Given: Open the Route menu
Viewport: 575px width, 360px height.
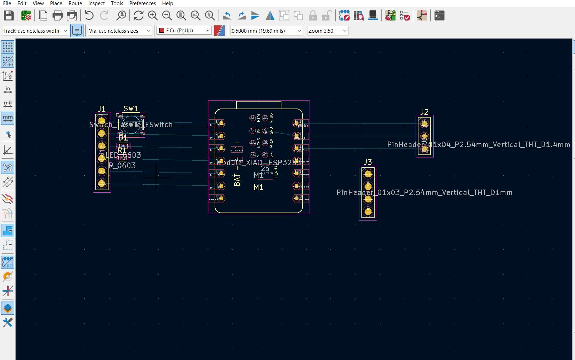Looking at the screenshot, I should click(75, 3).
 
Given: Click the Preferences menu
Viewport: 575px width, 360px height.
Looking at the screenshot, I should click(142, 3).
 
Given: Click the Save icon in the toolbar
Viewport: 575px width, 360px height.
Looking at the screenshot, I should click(9, 16).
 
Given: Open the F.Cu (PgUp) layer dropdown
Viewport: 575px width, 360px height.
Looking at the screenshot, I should click(184, 31).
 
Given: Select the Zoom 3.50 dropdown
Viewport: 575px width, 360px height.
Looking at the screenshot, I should click(327, 31).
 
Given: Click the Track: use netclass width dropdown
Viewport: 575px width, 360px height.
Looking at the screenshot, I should click(35, 31).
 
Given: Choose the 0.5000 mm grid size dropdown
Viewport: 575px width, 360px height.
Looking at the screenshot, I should click(266, 31).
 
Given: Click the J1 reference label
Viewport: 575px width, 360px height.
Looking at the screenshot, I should click(101, 109).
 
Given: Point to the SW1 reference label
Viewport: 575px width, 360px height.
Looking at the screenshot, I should click(131, 109).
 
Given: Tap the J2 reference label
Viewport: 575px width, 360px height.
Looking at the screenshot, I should click(424, 112).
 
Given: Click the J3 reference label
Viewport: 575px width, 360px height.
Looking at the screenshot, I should click(368, 162).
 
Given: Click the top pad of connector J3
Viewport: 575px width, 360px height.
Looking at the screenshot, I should click(368, 174).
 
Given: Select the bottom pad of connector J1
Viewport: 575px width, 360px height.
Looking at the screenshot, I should click(102, 183).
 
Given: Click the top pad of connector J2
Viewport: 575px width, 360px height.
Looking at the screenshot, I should click(424, 123).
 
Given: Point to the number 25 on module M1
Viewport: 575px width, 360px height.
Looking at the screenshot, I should click(265, 169).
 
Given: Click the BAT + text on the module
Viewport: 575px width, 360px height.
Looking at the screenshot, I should click(237, 175).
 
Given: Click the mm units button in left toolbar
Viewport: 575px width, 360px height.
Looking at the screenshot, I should click(8, 118).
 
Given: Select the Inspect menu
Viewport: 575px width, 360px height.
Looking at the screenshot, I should click(96, 3).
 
